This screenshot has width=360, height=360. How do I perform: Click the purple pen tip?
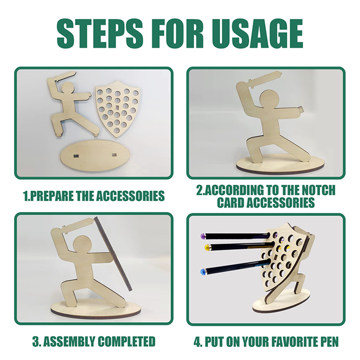pyautogui.click(x=203, y=236)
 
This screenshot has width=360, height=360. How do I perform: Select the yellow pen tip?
pyautogui.click(x=208, y=248)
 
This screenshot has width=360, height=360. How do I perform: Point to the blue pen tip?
pyautogui.click(x=203, y=272)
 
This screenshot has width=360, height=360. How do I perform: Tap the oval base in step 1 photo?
pyautogui.click(x=96, y=156)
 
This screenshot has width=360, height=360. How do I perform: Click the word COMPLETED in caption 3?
pyautogui.click(x=126, y=341)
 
